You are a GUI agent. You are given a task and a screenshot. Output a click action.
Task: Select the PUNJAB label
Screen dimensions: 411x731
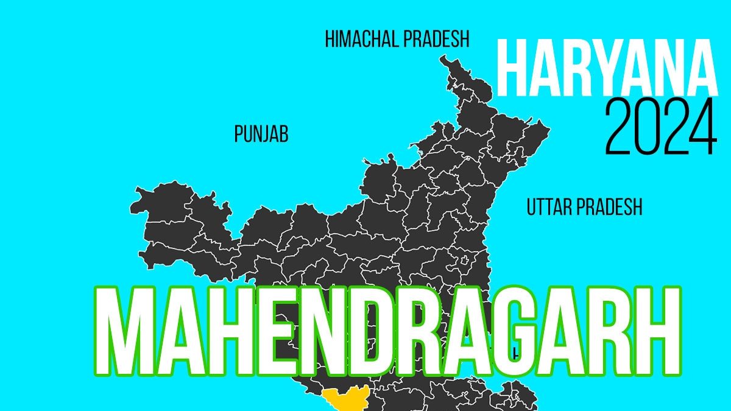(261, 135)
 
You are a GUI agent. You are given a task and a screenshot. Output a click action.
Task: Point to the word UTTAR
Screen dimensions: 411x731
(549, 207)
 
